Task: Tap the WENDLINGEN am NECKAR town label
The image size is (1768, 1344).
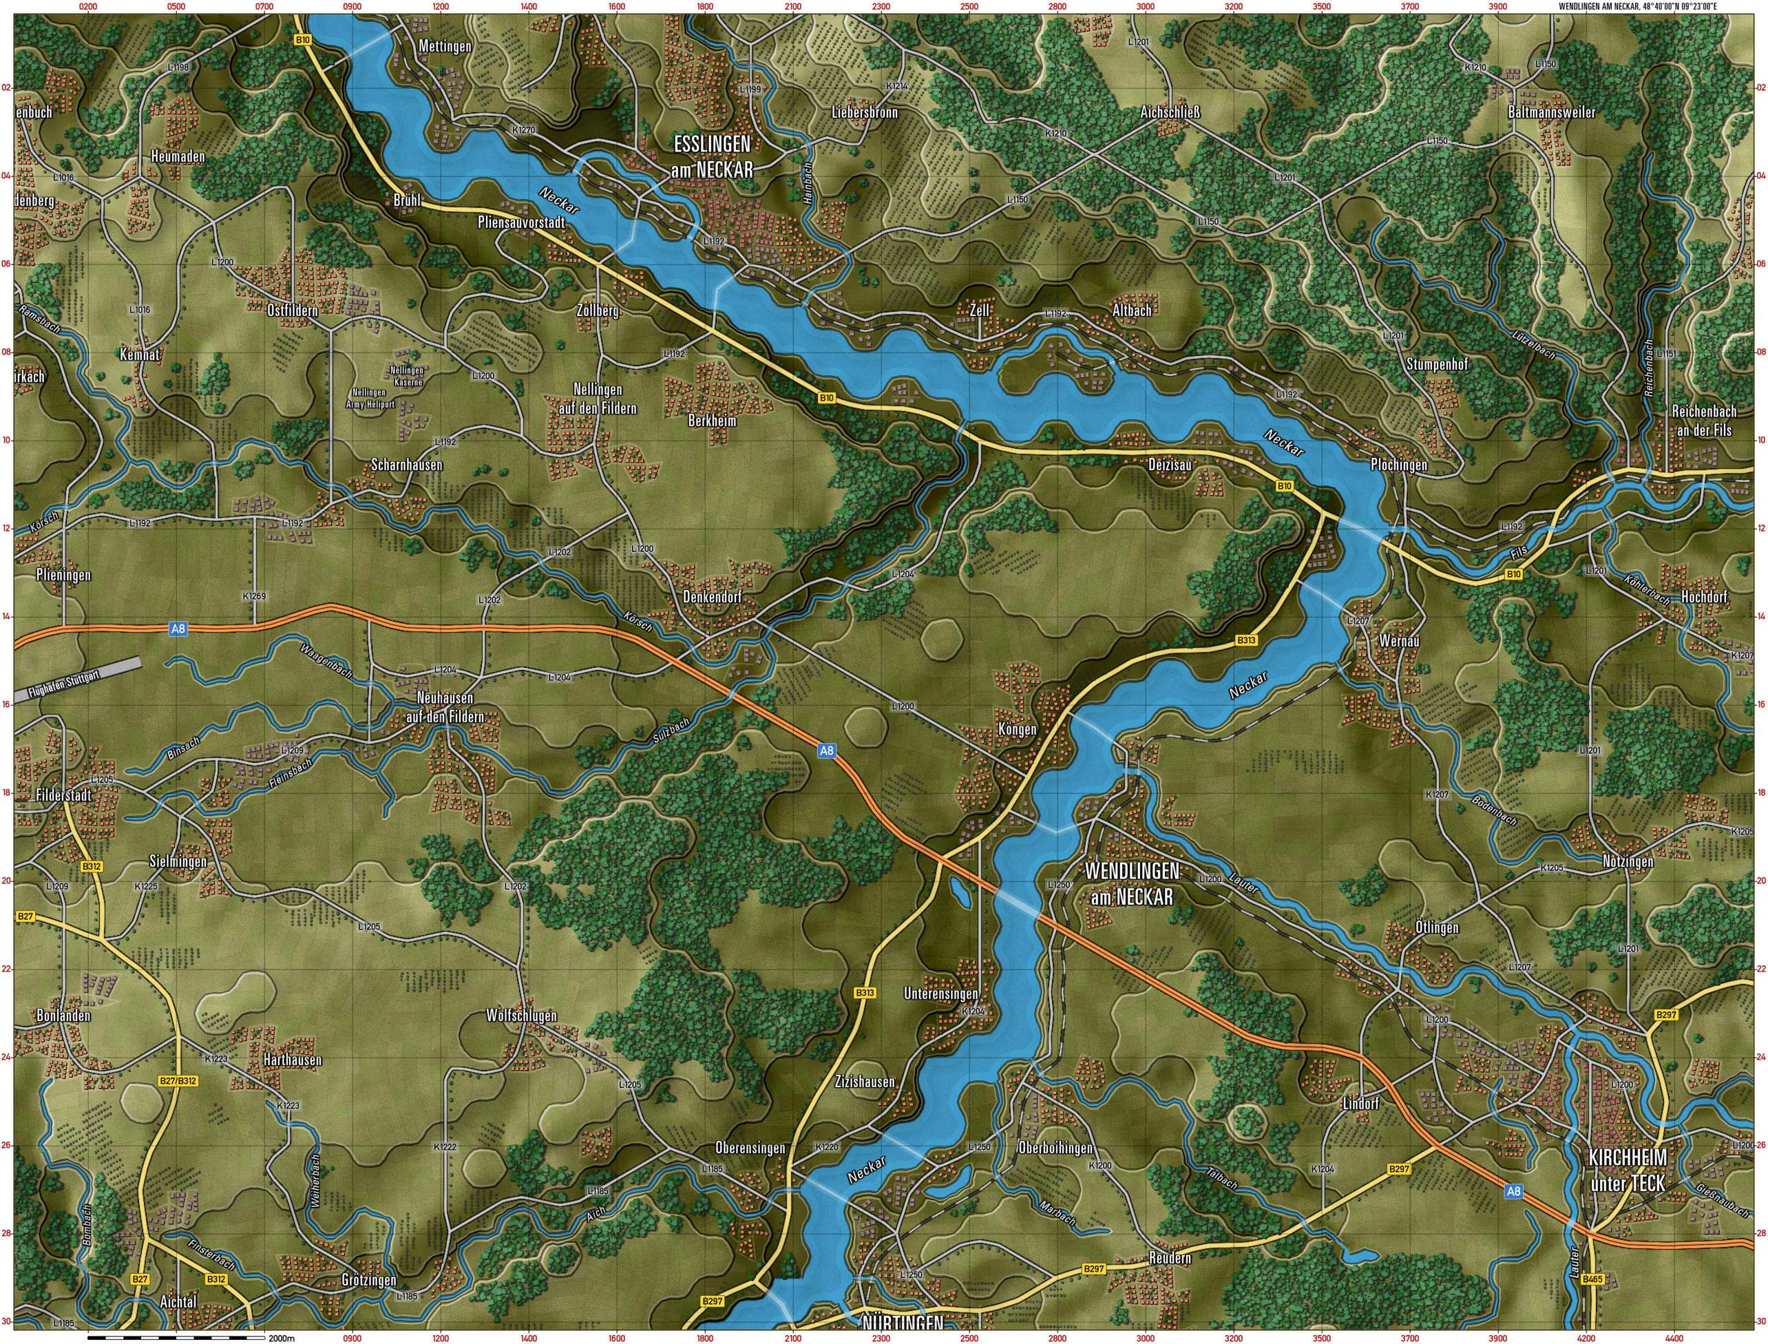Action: tap(1131, 883)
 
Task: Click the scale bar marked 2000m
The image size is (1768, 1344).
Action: tap(176, 1337)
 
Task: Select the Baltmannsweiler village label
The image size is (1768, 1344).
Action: tap(1551, 113)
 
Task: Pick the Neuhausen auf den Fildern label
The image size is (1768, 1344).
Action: tap(445, 708)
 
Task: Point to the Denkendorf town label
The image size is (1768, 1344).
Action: tap(713, 597)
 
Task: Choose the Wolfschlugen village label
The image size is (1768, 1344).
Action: tap(520, 1016)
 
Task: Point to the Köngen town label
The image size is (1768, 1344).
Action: tap(1017, 730)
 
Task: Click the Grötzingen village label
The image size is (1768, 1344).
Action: tap(368, 1280)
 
